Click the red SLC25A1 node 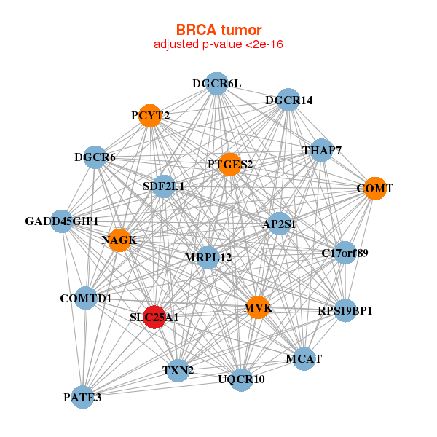point(154,317)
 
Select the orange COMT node point(374,189)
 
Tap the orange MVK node point(257,307)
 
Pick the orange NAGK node point(119,240)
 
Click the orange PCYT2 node point(150,115)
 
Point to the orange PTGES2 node point(229,164)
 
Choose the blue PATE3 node point(82,397)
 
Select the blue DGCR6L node point(216,84)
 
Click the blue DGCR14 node point(288,100)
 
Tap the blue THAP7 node point(321,151)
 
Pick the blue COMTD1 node point(85,298)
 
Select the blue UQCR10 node point(241,379)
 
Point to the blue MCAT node point(303,358)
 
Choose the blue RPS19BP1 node point(345,311)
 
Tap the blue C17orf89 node point(345,253)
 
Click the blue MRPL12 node point(208,257)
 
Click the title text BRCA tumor point(219,30)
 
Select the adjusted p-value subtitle point(219,44)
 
